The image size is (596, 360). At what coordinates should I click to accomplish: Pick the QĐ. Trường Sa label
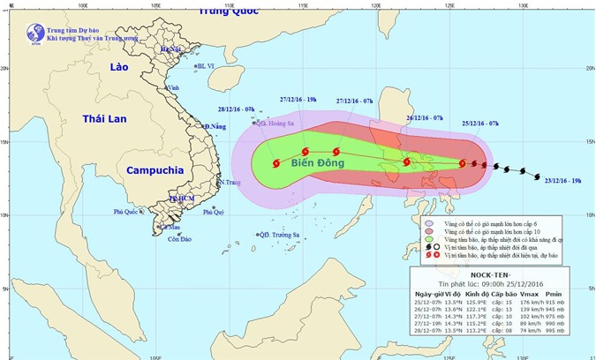[276, 235]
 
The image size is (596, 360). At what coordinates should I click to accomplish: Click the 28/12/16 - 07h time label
[236, 109]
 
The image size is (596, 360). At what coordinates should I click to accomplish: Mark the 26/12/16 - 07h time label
[425, 117]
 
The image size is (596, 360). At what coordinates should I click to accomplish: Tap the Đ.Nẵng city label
[215, 128]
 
